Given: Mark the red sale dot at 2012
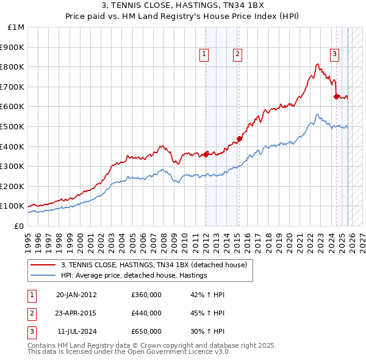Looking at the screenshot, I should [206, 154].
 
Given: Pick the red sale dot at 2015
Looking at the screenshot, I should [239, 138].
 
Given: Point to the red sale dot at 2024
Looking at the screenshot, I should [336, 96].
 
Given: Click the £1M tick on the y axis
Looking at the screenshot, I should [16, 27].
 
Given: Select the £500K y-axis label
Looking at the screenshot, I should [13, 126].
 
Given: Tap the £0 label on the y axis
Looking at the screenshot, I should [18, 226].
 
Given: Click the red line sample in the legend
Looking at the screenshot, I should [44, 265].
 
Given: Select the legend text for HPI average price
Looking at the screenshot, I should [134, 275].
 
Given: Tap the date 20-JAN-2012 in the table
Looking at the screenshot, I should [76, 295].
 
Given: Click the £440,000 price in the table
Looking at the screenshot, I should [146, 313].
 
